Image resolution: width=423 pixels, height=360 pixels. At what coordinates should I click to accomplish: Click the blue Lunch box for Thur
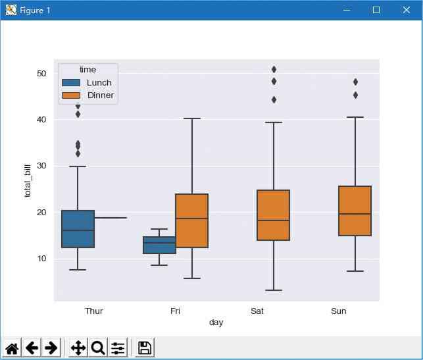click(78, 229)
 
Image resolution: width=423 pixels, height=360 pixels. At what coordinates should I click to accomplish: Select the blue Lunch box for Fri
click(159, 245)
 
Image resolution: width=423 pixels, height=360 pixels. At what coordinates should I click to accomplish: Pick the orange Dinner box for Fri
click(191, 220)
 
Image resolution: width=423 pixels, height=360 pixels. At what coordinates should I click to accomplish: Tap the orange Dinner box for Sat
click(273, 215)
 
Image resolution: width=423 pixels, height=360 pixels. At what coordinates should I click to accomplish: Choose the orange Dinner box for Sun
click(355, 211)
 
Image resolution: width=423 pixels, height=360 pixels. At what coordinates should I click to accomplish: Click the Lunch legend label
click(99, 83)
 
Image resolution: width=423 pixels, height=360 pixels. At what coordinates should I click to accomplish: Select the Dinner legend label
click(101, 95)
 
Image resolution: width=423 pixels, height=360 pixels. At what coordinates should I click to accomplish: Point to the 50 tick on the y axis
click(41, 73)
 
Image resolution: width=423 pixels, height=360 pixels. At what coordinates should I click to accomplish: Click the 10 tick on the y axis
click(41, 259)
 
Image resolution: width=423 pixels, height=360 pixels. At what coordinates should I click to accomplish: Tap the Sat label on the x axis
click(257, 311)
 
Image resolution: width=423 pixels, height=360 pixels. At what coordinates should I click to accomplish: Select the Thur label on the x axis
click(94, 311)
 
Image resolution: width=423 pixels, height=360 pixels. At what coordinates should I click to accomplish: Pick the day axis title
click(216, 322)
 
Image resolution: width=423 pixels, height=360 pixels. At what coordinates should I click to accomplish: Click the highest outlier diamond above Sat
click(274, 69)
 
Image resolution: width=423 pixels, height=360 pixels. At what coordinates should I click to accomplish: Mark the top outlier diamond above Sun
click(355, 82)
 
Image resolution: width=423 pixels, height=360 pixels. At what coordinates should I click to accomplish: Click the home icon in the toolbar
click(12, 347)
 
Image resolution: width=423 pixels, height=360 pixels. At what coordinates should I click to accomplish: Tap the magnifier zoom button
click(98, 347)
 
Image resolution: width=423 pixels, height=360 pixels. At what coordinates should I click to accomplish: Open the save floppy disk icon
click(145, 347)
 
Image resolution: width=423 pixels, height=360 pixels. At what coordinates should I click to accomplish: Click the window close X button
click(407, 10)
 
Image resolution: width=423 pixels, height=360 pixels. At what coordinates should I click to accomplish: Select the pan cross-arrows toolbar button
click(78, 347)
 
